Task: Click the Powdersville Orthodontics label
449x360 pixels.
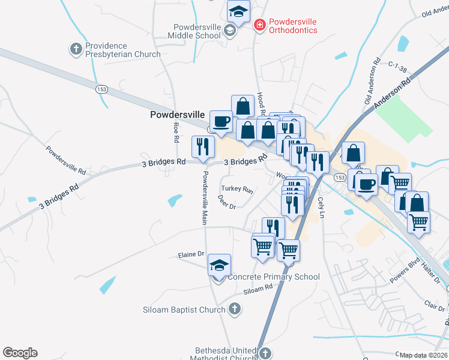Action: coord(293,26)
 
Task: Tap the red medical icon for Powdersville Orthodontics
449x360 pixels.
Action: coord(259,25)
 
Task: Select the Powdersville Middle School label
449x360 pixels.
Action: coord(197,31)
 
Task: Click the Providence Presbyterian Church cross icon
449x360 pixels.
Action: coord(76,49)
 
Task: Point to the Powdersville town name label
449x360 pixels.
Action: coord(177,114)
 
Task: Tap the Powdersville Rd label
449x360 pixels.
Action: coord(66,161)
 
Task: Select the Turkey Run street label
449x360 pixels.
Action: coord(237,188)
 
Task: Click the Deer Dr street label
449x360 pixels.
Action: coord(227,202)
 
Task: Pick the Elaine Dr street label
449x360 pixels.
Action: coord(191,255)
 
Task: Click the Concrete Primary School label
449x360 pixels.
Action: coord(274,277)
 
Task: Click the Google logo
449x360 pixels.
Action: coord(20,353)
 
